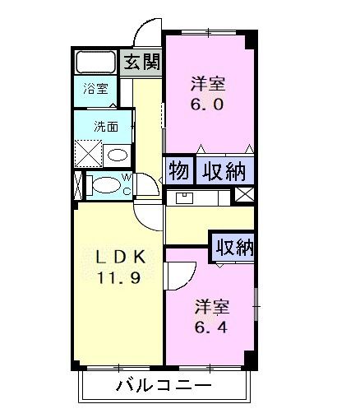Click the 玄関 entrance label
click(141, 62)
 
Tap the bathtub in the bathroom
click(96, 62)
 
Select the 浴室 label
click(95, 89)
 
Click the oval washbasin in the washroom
click(118, 156)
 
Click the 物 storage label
click(179, 171)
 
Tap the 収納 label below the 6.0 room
click(224, 171)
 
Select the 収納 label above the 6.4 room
click(234, 247)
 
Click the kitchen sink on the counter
click(184, 197)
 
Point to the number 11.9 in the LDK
click(118, 278)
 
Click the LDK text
click(119, 258)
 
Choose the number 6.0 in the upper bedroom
click(207, 104)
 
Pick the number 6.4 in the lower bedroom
click(211, 327)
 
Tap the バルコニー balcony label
click(164, 387)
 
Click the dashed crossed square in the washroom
click(88, 153)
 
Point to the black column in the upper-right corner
click(251, 39)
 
